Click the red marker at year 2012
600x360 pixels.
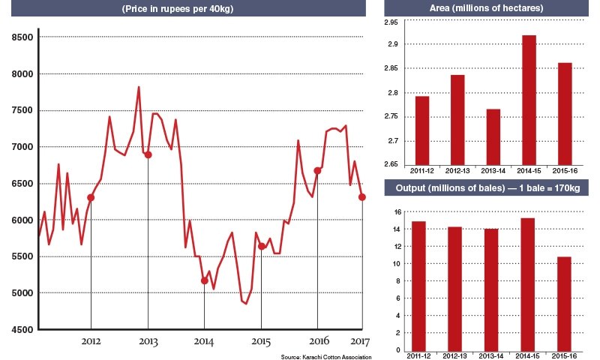tap(91, 197)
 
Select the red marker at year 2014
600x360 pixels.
tap(204, 280)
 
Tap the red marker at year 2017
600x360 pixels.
tap(362, 197)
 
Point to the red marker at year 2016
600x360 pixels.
tap(317, 170)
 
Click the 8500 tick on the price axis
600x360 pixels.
tap(22, 37)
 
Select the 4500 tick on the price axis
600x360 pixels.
tap(22, 329)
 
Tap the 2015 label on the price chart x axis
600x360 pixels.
tap(260, 343)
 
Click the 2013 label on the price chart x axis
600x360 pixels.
tap(148, 343)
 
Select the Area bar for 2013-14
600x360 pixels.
tap(493, 136)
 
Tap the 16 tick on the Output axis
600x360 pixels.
tap(397, 211)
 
